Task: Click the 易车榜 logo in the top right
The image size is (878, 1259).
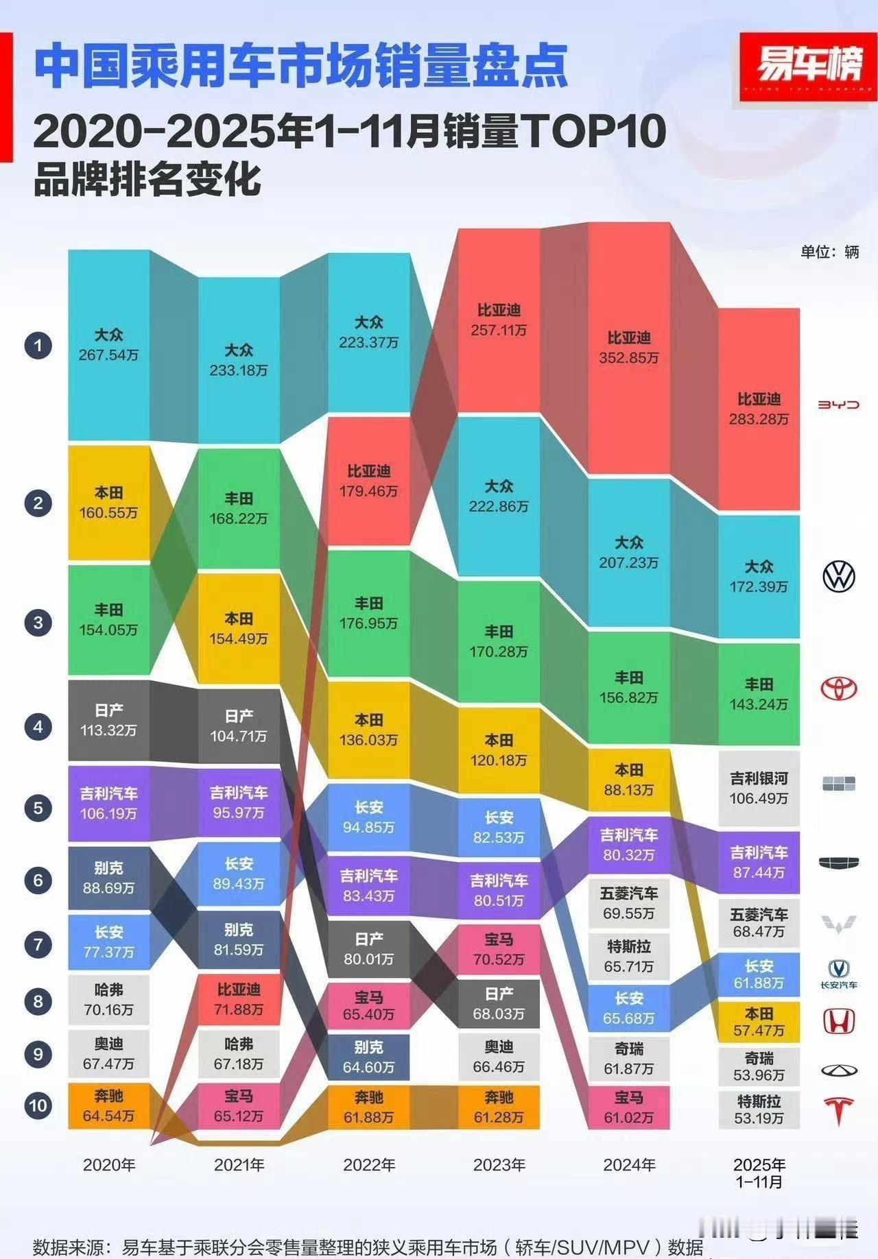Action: (808, 67)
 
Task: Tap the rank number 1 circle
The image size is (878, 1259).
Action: (38, 346)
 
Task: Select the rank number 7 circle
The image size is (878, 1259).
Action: (38, 945)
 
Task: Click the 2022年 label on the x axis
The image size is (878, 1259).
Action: (369, 1165)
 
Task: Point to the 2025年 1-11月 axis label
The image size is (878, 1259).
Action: (759, 1173)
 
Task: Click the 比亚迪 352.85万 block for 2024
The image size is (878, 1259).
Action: (628, 348)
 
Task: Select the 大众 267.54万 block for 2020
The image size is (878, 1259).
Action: (108, 345)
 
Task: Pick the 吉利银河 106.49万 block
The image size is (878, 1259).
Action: (759, 788)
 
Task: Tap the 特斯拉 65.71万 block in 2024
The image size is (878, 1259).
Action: (628, 957)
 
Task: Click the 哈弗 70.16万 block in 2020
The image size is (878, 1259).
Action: (108, 1000)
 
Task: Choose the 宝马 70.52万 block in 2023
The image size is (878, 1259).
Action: (499, 950)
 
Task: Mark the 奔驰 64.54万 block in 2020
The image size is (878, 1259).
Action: (108, 1105)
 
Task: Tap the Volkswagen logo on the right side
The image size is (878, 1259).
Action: (838, 577)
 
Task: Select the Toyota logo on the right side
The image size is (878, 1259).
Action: (838, 688)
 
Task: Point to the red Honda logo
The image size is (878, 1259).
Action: (838, 1021)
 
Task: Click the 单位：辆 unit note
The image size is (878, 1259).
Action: (829, 252)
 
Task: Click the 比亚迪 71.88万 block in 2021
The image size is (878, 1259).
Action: (239, 999)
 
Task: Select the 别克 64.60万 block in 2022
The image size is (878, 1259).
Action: (368, 1057)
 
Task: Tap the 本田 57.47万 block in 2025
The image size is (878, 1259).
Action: (759, 1022)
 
